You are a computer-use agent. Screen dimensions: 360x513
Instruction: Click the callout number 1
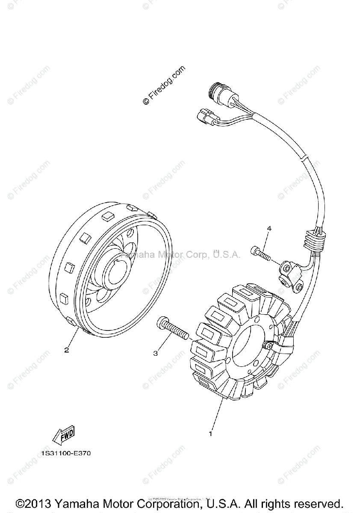(x=210, y=434)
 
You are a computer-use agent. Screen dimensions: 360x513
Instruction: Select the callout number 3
(x=156, y=353)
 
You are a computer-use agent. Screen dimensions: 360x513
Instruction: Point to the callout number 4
(x=269, y=229)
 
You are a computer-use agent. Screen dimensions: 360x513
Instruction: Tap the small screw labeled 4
(x=260, y=254)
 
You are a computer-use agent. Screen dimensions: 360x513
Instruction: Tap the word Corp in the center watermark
(x=197, y=255)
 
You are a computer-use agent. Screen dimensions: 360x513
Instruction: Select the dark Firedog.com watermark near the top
(x=164, y=85)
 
